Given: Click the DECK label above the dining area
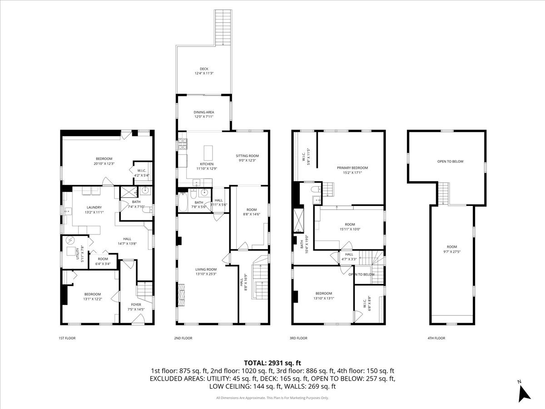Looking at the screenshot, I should pos(204,69).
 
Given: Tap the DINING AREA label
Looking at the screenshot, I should pos(204,112).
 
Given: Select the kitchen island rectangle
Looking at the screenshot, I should pos(208,151).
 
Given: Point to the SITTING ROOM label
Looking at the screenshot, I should pos(247,155).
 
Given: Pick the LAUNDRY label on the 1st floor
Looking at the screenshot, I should pos(94,207).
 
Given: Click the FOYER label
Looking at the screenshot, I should pos(136,304).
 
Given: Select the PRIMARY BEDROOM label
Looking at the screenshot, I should pos(352,168).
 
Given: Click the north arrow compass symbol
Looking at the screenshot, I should pos(524,391).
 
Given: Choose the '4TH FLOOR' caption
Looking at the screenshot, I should pos(436,338).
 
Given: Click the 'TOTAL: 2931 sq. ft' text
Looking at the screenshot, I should pos(272,363).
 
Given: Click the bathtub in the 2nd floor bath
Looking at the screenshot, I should pos(183,203).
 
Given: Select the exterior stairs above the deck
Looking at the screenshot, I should pos(223,27).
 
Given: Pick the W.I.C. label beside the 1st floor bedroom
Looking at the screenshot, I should pos(141,171).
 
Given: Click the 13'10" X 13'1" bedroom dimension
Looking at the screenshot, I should pos(323,298).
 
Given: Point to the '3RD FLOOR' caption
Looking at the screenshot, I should pos(298,338).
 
